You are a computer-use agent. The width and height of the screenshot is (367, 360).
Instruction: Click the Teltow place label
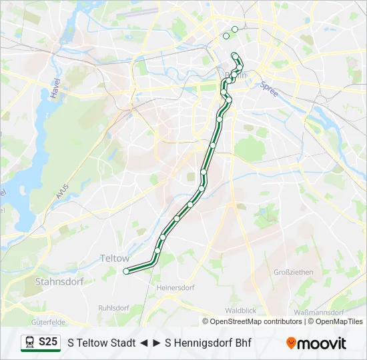[x=114, y=258]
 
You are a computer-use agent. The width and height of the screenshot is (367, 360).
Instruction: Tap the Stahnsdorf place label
[x=59, y=282]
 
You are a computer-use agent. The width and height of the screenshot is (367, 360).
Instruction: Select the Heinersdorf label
[x=175, y=288]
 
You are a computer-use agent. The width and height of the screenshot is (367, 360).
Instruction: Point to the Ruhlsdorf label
[x=113, y=308]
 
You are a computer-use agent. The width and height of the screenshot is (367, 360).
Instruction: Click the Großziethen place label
[x=293, y=272]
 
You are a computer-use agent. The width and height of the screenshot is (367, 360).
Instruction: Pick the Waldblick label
[x=240, y=311]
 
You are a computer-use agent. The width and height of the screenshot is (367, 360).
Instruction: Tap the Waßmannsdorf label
[x=318, y=311]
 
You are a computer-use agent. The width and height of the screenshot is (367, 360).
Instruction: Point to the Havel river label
[x=54, y=87]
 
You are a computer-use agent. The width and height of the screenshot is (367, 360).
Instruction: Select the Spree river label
[x=269, y=89]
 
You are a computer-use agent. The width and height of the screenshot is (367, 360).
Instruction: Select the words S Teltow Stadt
[x=101, y=343]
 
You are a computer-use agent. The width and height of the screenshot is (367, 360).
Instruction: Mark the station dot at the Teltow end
[x=126, y=271]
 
